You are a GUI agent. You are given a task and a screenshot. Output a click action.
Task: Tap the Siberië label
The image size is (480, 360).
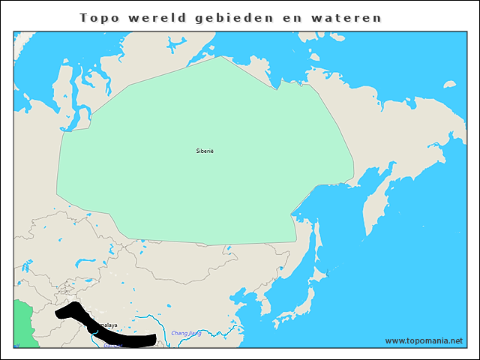pyautogui.click(x=205, y=151)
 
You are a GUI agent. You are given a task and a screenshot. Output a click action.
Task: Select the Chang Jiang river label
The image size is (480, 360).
pyautogui.click(x=186, y=333)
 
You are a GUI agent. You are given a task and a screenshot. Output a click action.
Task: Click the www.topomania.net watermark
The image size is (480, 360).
pyautogui.click(x=424, y=340)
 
